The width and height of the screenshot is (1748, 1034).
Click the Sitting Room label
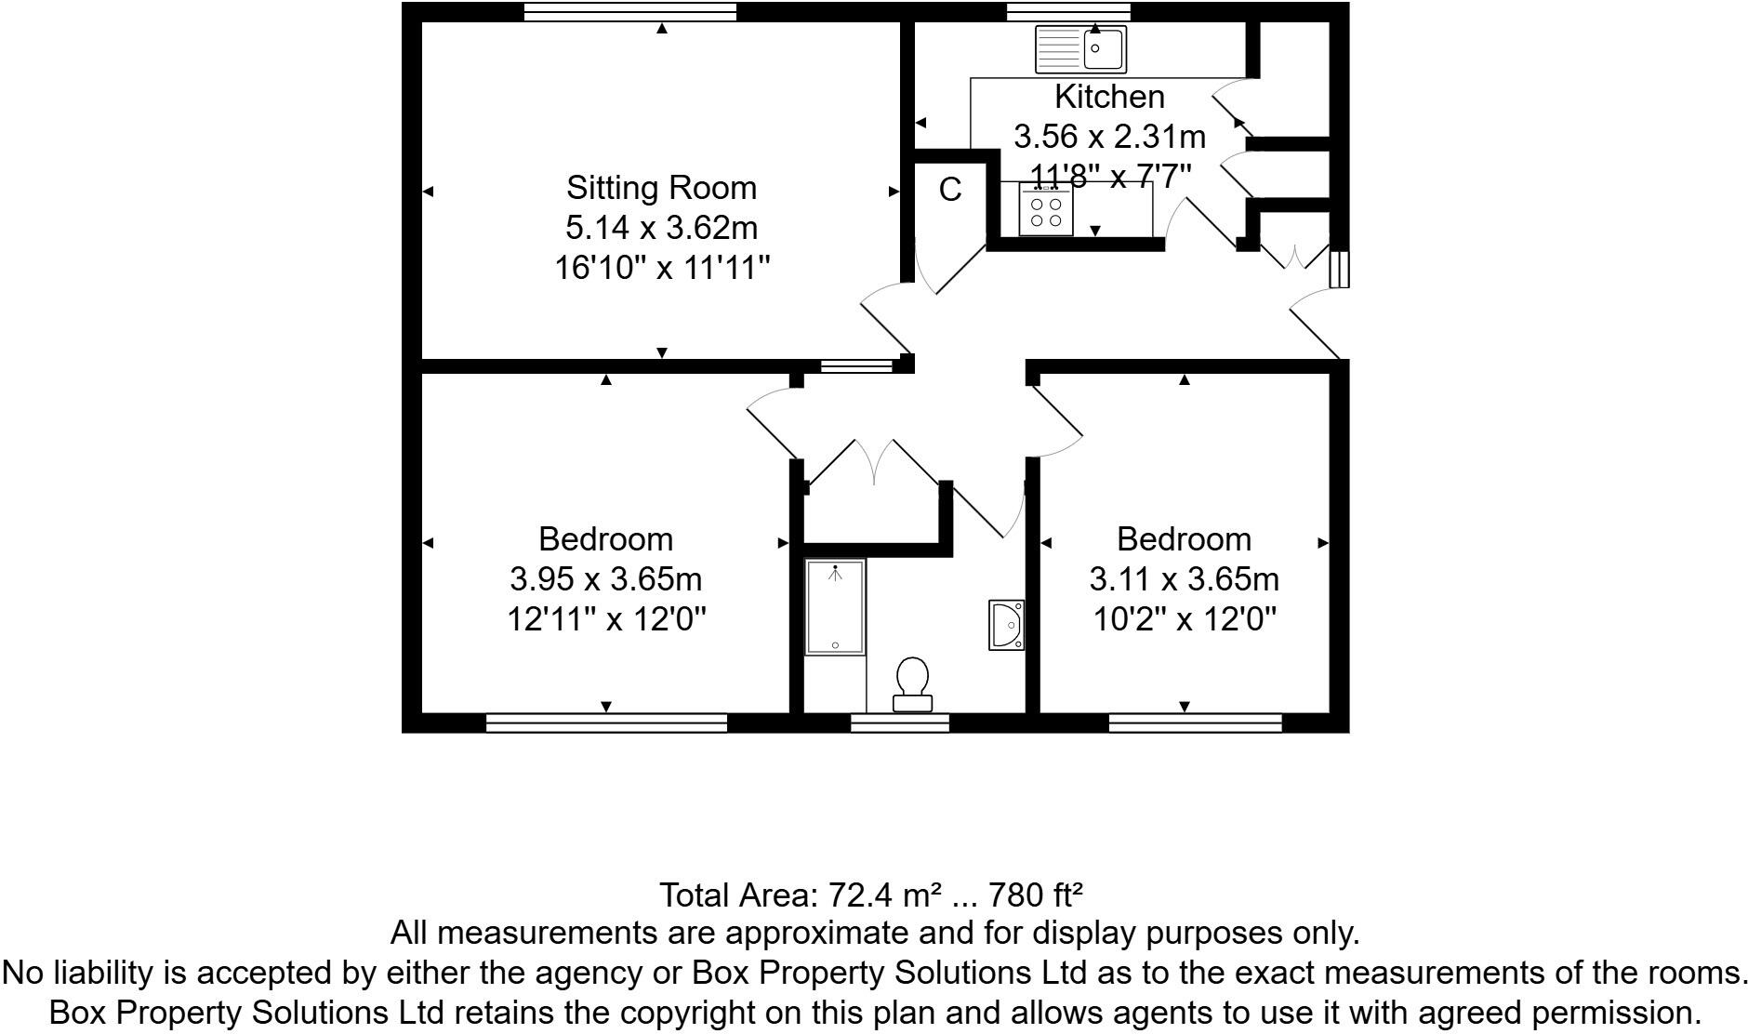[x=661, y=188]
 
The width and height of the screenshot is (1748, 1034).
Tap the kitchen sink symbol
[x=1081, y=49]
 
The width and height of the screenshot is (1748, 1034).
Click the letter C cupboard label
[x=949, y=190]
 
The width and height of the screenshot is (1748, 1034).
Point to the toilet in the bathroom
[x=912, y=684]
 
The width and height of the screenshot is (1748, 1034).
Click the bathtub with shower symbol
[x=835, y=606]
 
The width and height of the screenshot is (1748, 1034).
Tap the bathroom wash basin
[x=1007, y=625]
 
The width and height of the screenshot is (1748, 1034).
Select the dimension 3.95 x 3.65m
[x=605, y=579]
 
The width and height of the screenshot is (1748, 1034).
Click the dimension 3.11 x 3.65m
[x=1184, y=579]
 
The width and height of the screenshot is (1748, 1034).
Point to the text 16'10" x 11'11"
[x=662, y=269]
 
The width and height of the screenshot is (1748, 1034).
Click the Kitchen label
[x=1108, y=97]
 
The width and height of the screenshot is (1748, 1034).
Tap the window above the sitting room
[x=629, y=11]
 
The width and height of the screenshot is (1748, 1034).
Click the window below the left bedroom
[x=606, y=722]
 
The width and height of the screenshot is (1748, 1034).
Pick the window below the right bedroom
[x=1195, y=722]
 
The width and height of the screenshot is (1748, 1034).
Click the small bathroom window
[x=899, y=722]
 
